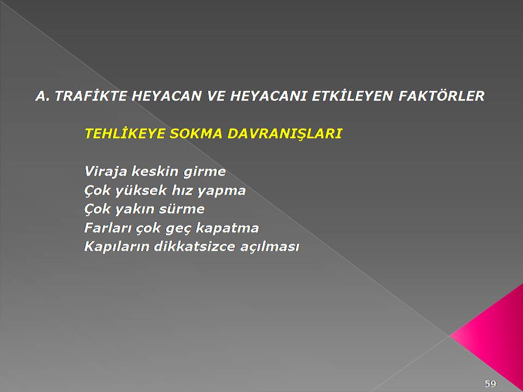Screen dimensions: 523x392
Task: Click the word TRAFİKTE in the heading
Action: (x=91, y=96)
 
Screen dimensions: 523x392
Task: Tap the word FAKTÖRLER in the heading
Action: (x=441, y=96)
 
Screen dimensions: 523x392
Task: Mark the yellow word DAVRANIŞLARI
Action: (x=284, y=134)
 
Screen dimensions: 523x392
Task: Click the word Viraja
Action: (x=106, y=172)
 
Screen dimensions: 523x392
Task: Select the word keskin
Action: (x=155, y=171)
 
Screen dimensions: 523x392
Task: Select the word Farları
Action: (x=108, y=228)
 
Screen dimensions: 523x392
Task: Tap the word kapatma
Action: (x=227, y=229)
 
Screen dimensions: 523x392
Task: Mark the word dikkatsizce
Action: (x=194, y=247)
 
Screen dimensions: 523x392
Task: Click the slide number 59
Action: (x=490, y=384)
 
